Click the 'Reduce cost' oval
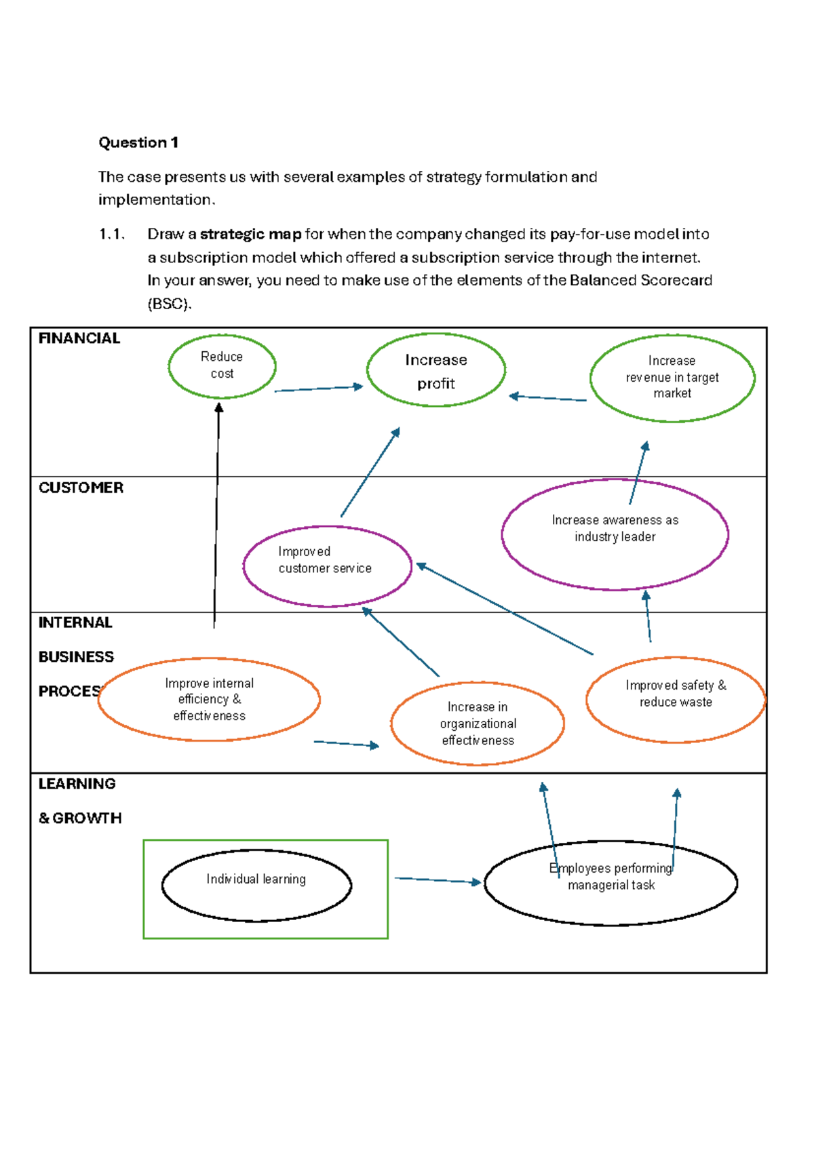[222, 365]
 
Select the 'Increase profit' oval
[435, 370]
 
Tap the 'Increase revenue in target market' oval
[672, 378]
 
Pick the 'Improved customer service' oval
[327, 566]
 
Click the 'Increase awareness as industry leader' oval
[615, 534]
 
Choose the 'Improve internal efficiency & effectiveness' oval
[209, 699]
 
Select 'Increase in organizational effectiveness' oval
[478, 723]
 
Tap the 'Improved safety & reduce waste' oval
[675, 699]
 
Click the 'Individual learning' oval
[256, 885]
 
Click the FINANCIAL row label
[79, 338]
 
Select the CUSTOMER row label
[81, 488]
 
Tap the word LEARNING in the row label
[77, 784]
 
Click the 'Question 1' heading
[138, 142]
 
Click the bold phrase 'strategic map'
[250, 234]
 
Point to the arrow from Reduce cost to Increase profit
[318, 389]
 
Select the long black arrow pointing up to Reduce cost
[216, 515]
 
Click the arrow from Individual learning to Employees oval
[438, 880]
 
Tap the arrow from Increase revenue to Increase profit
[547, 398]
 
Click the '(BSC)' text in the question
[169, 304]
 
